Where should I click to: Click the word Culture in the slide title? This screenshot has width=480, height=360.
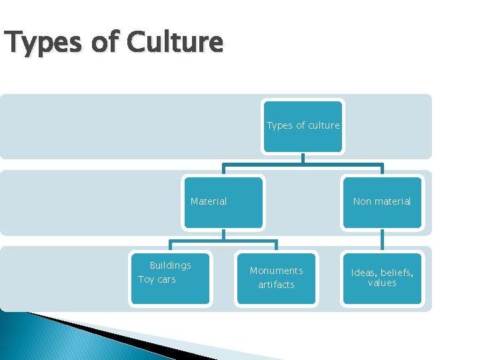coord(175,43)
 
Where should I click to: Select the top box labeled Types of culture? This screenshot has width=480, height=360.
coord(303,125)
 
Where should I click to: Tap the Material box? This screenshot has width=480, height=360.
coord(223,202)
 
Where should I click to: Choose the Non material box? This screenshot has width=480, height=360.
coord(382,202)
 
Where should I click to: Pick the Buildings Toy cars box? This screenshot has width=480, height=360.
coord(170,279)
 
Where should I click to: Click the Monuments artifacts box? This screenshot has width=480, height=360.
coord(276,279)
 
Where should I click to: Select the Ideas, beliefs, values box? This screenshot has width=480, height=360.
coord(382,279)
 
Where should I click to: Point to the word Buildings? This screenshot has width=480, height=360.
coord(170,265)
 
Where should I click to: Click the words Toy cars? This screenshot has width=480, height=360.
coord(157,279)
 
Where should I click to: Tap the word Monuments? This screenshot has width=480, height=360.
coord(276,271)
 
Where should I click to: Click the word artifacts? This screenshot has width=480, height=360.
coord(276,285)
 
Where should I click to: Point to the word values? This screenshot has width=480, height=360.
coord(382,283)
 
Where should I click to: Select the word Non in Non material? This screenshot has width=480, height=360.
coord(362,201)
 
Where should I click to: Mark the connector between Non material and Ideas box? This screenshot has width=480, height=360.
coord(382,241)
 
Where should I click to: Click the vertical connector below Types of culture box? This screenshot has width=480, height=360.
coord(303,159)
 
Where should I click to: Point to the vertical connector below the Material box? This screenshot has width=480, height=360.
coord(223,234)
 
